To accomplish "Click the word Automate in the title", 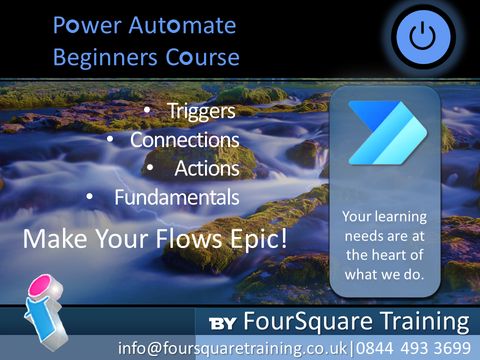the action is [182, 25].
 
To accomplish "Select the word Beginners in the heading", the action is [105, 57].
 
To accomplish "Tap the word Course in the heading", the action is [202, 57].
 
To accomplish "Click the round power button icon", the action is [423, 37].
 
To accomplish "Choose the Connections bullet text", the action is [184, 140].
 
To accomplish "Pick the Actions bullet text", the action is [207, 168].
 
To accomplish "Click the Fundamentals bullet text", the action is [177, 197].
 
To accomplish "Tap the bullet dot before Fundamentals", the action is [89, 196].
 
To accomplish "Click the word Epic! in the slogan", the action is [258, 239].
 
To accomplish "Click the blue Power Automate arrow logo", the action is [388, 132].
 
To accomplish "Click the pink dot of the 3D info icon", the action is [40, 284].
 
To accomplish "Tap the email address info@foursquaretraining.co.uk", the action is [232, 348].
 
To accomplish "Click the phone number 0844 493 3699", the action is [413, 348].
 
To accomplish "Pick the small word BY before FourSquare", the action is [222, 323].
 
